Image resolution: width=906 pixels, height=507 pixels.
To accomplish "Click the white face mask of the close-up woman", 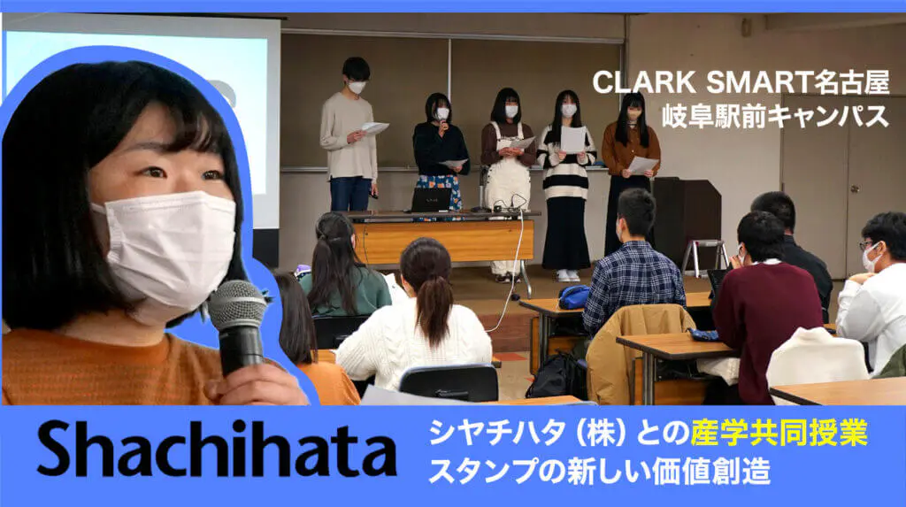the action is [167, 250].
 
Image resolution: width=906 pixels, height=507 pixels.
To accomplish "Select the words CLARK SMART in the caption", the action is [702, 83].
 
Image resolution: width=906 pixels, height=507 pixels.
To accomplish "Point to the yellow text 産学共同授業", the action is [779, 433].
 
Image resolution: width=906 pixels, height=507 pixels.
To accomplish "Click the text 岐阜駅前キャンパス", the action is [775, 116].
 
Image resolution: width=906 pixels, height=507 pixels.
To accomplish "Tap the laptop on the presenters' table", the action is [430, 200].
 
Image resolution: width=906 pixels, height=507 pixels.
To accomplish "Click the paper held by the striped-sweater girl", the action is [573, 139].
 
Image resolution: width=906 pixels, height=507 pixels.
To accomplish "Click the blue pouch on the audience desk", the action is [573, 297].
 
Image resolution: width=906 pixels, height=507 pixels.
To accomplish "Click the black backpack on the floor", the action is [556, 376].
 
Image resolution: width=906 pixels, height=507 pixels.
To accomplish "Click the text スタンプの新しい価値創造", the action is [599, 471].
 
